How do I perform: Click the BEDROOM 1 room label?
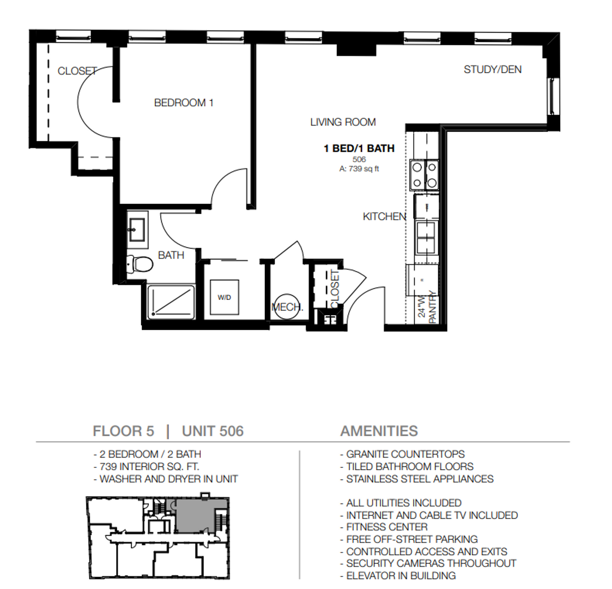coord(184,103)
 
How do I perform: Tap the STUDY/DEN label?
coord(493,69)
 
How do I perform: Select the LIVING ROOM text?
coord(343,122)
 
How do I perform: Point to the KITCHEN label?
coord(384,217)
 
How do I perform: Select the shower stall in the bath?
coord(171,302)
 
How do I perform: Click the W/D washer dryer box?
coord(224,297)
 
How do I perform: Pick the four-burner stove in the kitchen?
coord(425,176)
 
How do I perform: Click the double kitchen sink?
coord(426,237)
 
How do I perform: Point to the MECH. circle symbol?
coord(287,306)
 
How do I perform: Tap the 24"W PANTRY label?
coord(427,307)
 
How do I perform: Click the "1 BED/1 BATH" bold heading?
coord(359,148)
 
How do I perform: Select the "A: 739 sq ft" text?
coord(359,169)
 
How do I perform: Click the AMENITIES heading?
coord(379,431)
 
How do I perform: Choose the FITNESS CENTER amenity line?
coord(387,527)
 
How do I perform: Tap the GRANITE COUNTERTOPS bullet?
coord(402,454)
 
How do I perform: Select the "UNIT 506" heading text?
coord(213,431)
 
